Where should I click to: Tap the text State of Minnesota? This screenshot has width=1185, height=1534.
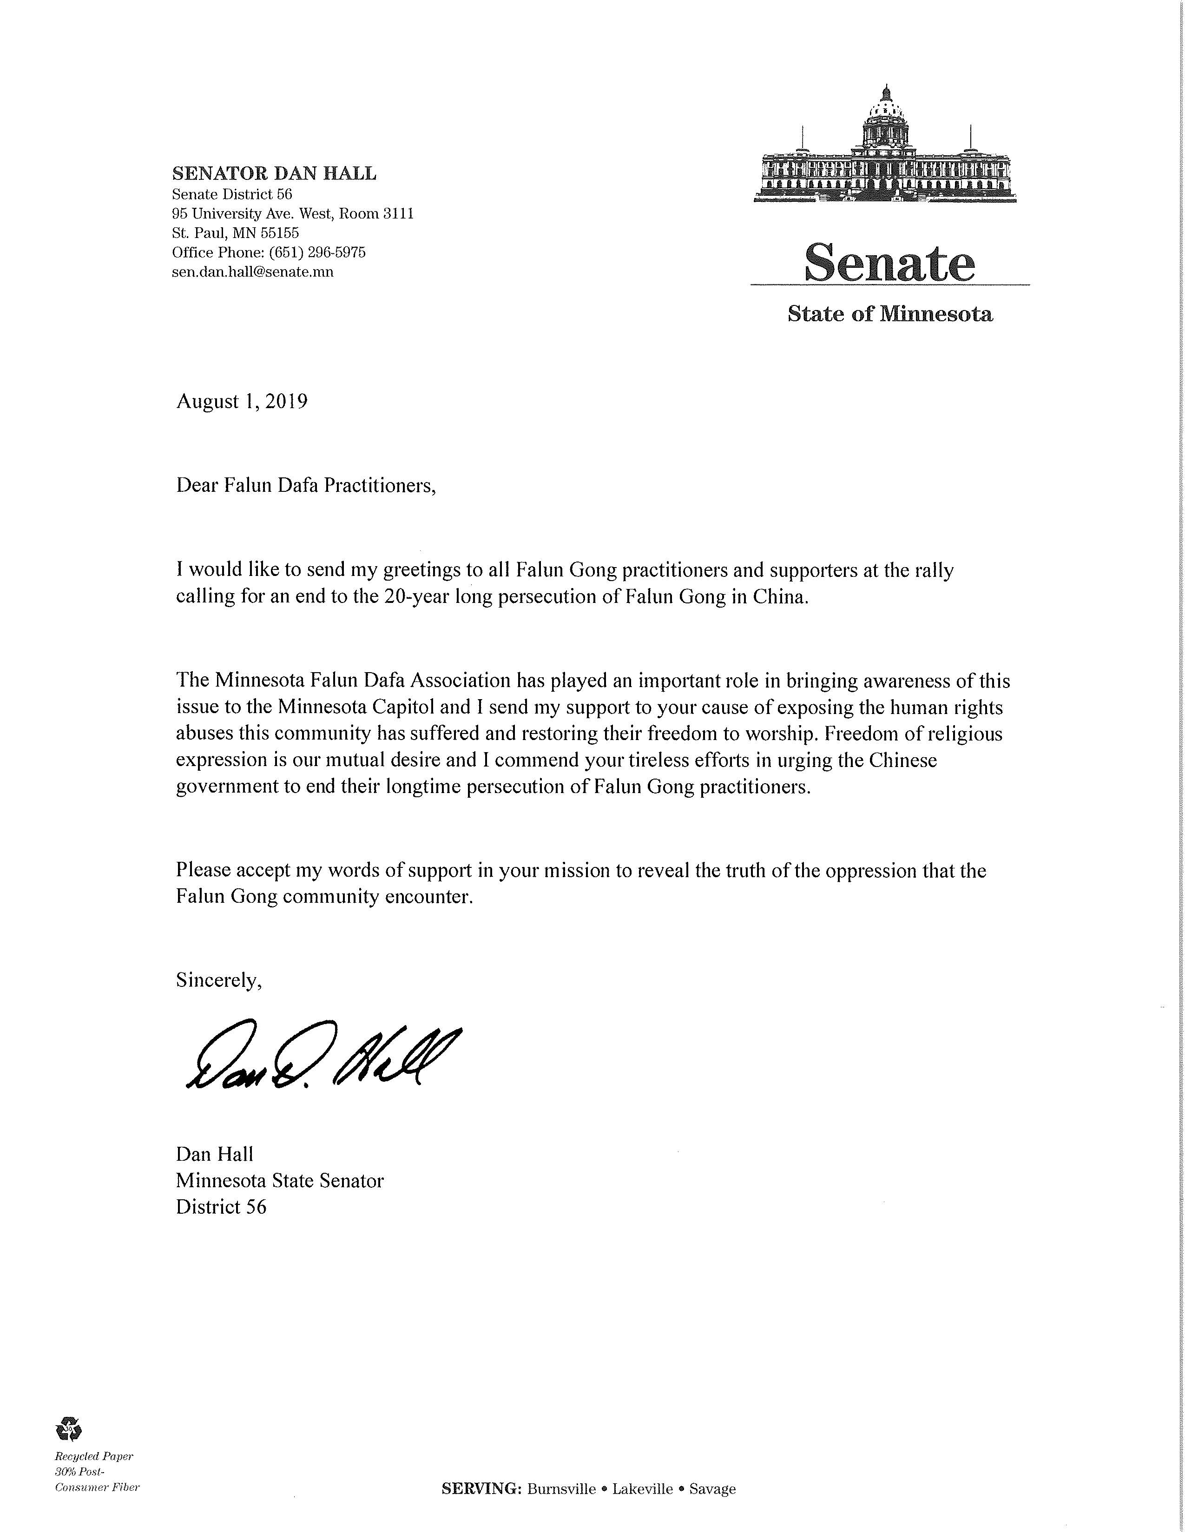click(889, 314)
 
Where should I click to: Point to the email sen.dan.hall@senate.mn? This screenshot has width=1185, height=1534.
click(253, 272)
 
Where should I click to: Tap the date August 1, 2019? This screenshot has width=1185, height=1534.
click(242, 401)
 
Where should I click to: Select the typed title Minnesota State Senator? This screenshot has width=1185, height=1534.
click(279, 1181)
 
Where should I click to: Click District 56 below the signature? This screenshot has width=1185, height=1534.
click(221, 1207)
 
